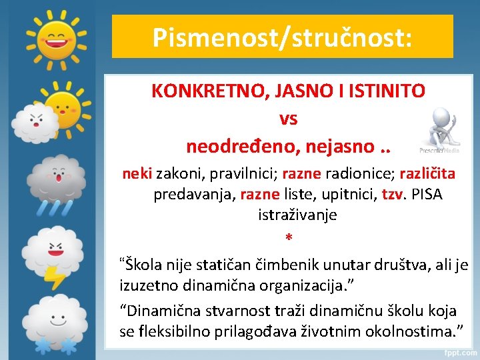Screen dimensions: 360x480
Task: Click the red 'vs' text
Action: [x=289, y=118]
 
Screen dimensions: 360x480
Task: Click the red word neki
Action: [x=137, y=174]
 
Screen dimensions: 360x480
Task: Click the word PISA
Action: [x=427, y=195]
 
